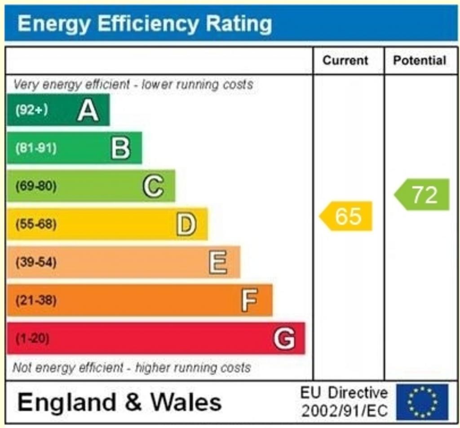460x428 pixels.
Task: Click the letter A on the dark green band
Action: click(x=88, y=110)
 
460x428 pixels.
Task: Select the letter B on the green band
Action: click(x=120, y=148)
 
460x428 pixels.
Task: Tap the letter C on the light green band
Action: click(x=153, y=186)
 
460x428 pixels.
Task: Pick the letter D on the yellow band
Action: click(x=186, y=224)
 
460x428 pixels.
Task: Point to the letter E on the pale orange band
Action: click(x=218, y=262)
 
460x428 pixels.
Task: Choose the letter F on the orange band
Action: click(x=249, y=300)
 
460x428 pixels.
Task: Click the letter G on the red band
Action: click(x=284, y=338)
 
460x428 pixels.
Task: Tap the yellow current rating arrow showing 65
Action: click(x=347, y=216)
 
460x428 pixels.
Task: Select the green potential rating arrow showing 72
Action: click(x=423, y=194)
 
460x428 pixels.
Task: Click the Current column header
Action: click(x=345, y=61)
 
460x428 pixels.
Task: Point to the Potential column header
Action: click(x=420, y=61)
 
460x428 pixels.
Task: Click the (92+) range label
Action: click(x=31, y=110)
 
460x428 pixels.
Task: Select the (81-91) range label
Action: click(x=36, y=148)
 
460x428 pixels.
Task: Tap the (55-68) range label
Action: click(x=36, y=224)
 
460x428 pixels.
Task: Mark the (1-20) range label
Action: click(x=32, y=338)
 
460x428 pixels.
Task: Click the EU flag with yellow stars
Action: click(x=422, y=402)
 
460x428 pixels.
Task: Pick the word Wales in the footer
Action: click(x=186, y=402)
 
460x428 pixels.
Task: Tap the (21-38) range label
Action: click(x=36, y=300)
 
